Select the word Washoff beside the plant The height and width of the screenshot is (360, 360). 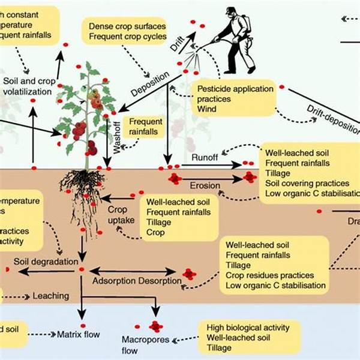coord(118,139)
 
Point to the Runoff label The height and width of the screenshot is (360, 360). coord(203,157)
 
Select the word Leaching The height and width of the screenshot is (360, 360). coord(51,296)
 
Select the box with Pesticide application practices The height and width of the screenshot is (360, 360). coord(231,98)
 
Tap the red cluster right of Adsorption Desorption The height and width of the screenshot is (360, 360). coord(190,274)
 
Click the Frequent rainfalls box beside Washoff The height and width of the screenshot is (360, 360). coord(146,127)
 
